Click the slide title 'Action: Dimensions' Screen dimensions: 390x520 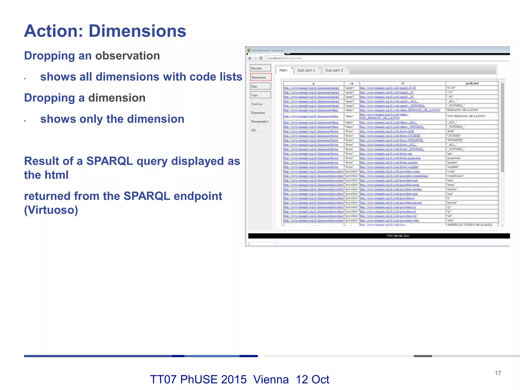[105, 31]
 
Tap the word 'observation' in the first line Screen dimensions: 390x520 [127, 56]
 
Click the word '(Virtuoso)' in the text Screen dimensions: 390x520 [51, 210]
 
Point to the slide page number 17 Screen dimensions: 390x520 [498, 373]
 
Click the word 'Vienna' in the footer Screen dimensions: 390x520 [271, 380]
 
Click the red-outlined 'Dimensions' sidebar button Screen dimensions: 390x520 [261, 77]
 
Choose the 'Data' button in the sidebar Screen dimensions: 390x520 [261, 86]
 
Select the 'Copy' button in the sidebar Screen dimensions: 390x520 [261, 95]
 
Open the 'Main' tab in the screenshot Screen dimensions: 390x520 [283, 70]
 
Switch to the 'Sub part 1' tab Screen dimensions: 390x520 [306, 70]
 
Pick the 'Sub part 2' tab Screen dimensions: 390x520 [334, 70]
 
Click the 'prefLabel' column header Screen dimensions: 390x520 [472, 83]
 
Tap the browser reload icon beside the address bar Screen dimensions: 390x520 [261, 58]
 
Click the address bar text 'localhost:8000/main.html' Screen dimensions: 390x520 [285, 58]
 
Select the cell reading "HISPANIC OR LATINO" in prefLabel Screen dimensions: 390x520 [463, 110]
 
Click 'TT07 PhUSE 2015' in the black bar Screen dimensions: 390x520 [398, 236]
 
